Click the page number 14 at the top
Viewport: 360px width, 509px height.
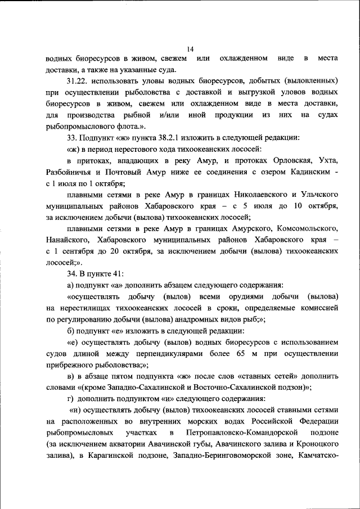point(190,49)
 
